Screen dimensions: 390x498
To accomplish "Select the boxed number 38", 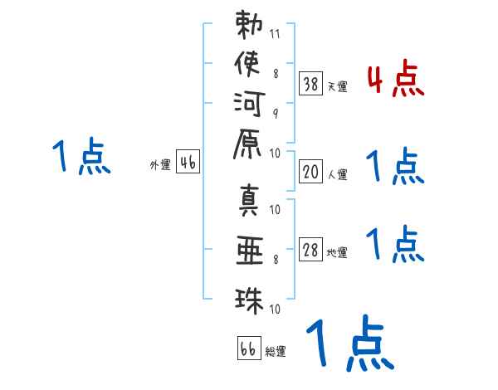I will point(310,84).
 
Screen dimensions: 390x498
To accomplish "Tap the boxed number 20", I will point(310,173).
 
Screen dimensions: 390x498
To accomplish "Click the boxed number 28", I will point(310,251).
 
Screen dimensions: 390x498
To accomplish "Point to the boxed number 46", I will point(188,163).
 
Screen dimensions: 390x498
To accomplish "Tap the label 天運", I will point(337,86).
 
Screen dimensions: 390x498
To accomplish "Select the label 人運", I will point(337,174).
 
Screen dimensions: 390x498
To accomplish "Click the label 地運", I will point(337,253).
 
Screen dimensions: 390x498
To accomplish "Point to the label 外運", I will point(160,164).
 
